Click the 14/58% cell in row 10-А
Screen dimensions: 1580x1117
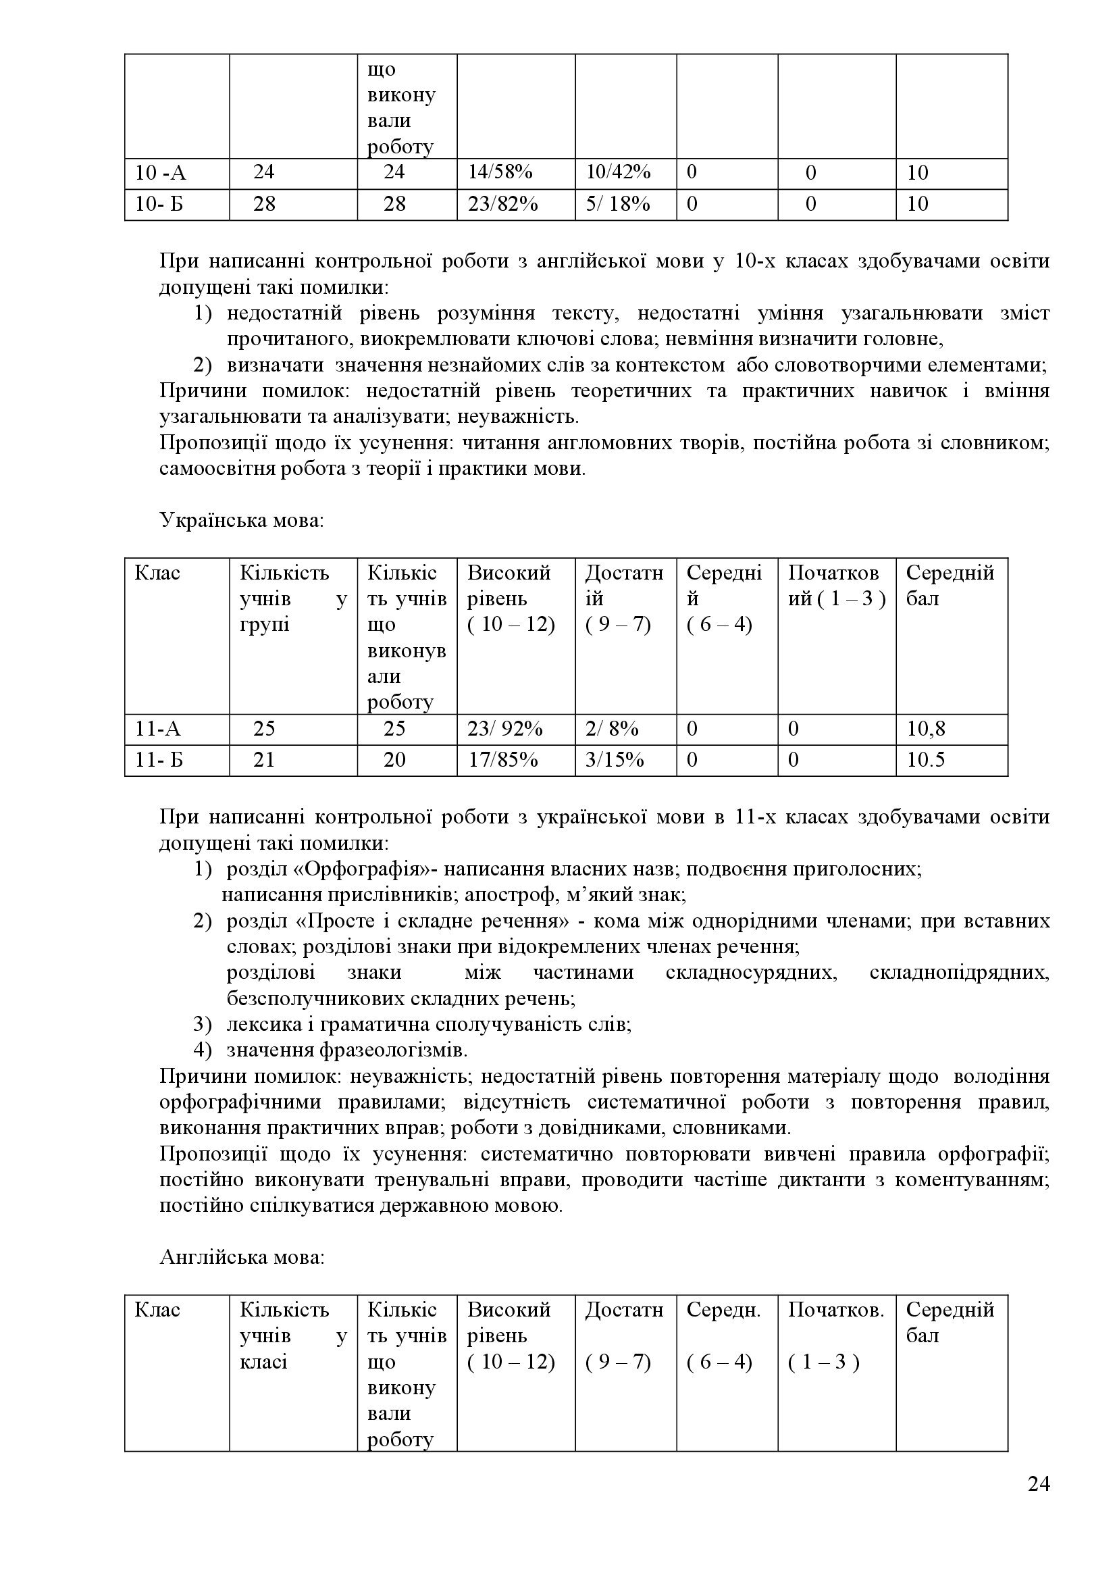click(500, 173)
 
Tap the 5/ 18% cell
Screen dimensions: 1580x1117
click(618, 205)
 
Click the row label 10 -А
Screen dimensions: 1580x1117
click(160, 173)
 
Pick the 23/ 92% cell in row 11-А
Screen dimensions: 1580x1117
click(505, 729)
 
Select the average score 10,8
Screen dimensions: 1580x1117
click(926, 729)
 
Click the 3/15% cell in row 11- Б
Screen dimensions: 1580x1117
click(614, 760)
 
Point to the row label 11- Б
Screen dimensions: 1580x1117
click(159, 760)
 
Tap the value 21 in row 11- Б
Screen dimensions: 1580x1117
click(264, 760)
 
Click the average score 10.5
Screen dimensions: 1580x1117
click(926, 760)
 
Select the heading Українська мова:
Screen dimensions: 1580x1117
click(241, 520)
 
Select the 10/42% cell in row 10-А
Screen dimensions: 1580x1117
click(618, 173)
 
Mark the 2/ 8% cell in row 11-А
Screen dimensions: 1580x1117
click(611, 729)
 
